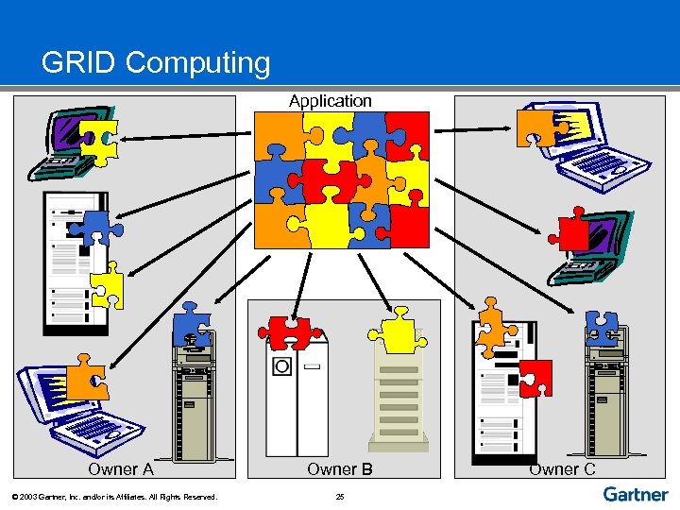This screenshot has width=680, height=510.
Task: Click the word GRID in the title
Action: click(78, 63)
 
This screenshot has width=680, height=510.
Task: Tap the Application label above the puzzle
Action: click(331, 100)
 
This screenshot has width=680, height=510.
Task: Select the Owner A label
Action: click(120, 469)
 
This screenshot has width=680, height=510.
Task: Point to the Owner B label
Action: click(340, 469)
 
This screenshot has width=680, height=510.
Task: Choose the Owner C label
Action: click(562, 469)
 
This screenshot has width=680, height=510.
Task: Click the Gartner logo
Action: click(635, 493)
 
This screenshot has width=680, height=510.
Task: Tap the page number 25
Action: click(340, 497)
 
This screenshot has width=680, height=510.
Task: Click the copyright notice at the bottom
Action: click(113, 497)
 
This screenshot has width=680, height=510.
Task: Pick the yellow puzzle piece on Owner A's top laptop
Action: click(98, 137)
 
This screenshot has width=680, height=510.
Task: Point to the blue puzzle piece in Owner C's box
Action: click(601, 327)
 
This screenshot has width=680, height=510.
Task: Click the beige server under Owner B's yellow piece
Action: click(398, 397)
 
